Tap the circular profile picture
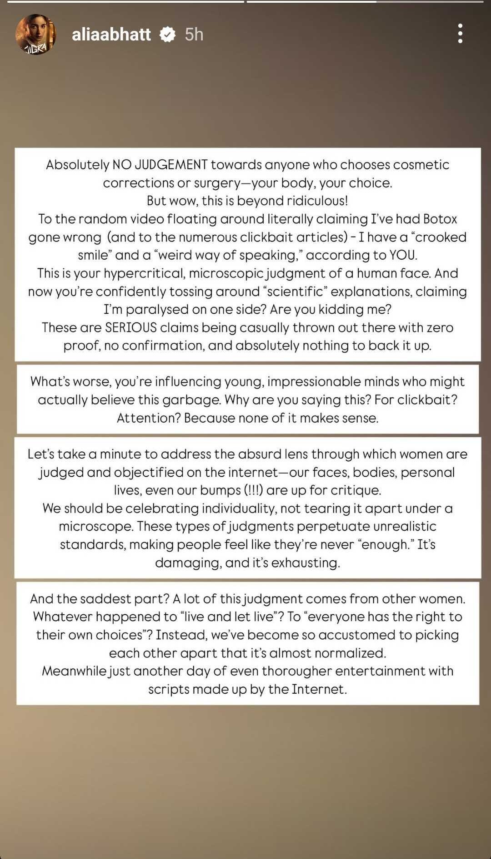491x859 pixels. (35, 35)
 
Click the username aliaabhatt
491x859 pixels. (111, 35)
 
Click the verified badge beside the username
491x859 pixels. (168, 35)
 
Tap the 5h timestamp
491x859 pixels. (194, 35)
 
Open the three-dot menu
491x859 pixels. (460, 34)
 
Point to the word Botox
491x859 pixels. (440, 219)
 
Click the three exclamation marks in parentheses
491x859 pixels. (254, 490)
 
